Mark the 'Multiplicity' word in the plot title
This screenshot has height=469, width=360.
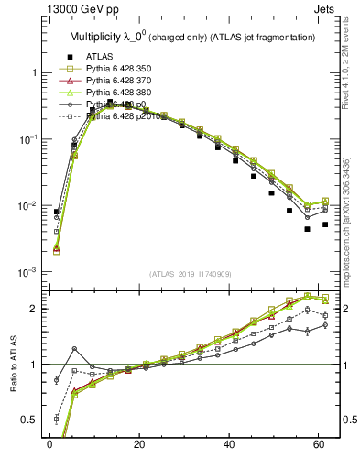pyautogui.click(x=99, y=37)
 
